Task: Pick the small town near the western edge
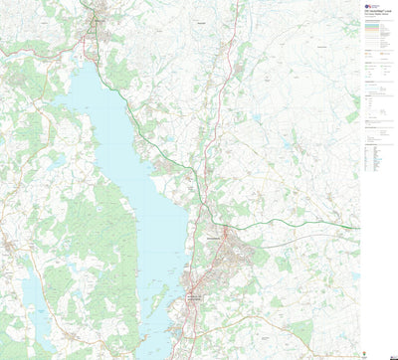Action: click(8, 244)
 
